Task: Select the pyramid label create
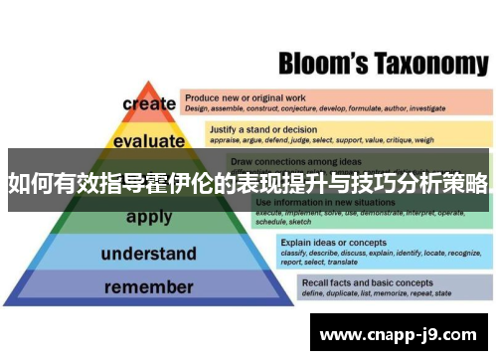(149, 103)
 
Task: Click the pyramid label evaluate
(149, 141)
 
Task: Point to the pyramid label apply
(149, 217)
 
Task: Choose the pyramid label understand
(149, 254)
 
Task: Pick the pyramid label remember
(149, 287)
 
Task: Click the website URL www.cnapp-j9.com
(402, 335)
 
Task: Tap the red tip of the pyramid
(148, 88)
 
